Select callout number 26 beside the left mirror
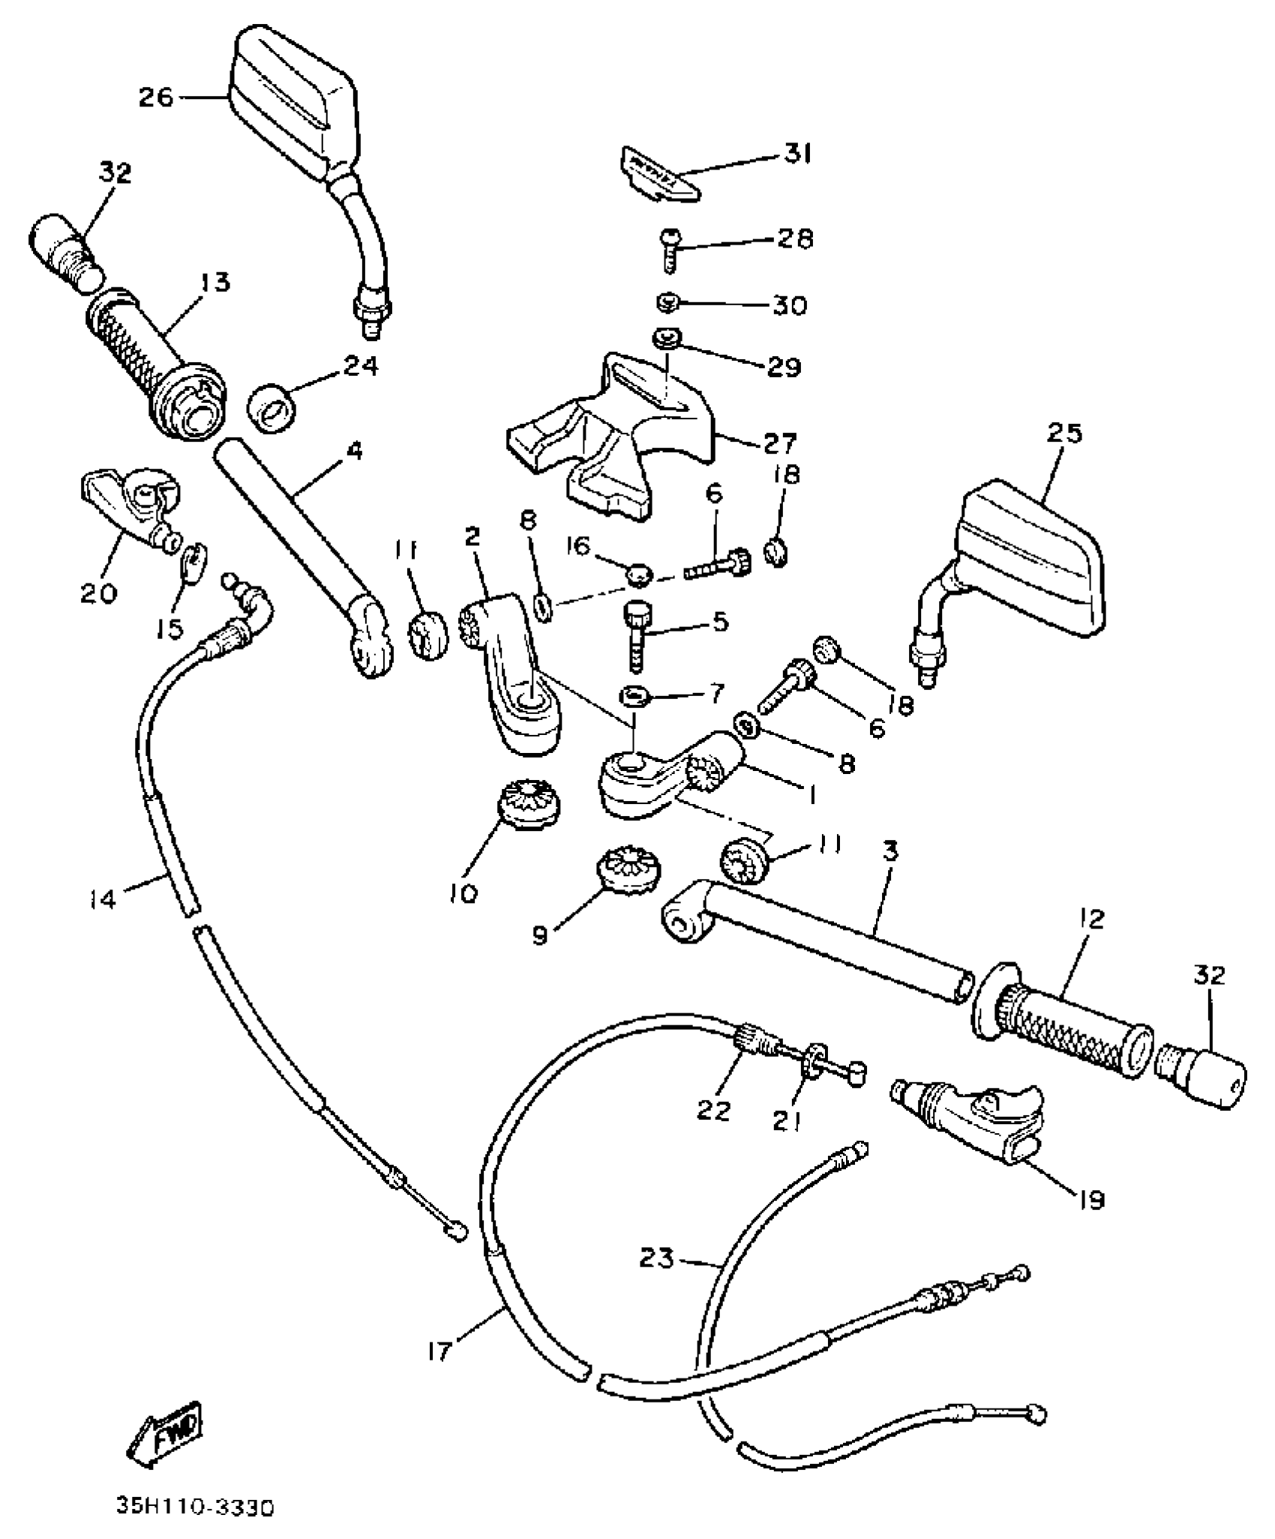155,97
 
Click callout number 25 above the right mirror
1065,433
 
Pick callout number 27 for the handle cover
780,443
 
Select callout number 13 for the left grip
214,283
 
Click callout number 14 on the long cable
101,898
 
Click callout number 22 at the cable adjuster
712,1110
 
